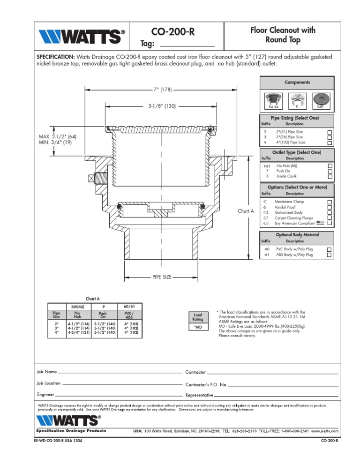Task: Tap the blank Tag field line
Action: [187, 45]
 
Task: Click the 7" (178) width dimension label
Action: [161, 90]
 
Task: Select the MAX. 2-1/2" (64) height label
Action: [57, 136]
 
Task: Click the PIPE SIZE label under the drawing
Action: [162, 277]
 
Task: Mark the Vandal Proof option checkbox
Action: [329, 207]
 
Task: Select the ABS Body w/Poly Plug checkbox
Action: [329, 255]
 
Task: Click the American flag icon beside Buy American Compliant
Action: [321, 223]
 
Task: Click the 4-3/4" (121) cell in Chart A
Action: [79, 332]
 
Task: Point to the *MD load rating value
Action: [198, 327]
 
